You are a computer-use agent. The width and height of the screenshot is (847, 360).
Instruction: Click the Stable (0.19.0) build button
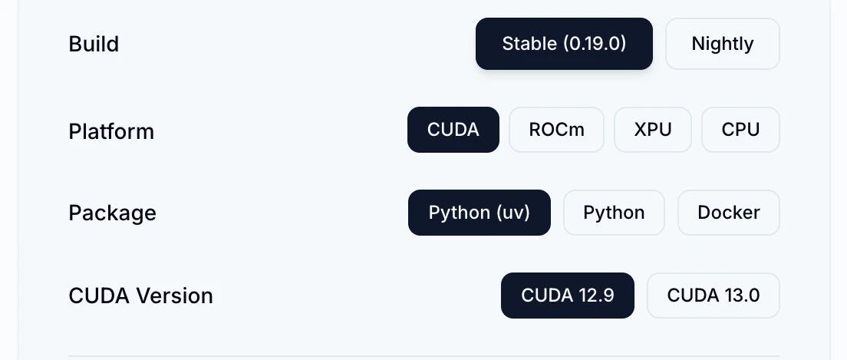(564, 44)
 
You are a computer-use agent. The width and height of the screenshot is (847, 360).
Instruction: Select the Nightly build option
(722, 44)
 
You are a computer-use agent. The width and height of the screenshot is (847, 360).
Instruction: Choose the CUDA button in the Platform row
(453, 130)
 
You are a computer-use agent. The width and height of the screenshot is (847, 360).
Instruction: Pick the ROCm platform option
(556, 130)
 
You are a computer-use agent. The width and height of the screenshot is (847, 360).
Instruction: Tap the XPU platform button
(653, 130)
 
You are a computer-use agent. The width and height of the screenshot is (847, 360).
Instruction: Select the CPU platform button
(740, 130)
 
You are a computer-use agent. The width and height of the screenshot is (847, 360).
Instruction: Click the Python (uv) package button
(479, 213)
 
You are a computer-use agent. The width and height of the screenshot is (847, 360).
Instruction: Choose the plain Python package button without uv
(614, 213)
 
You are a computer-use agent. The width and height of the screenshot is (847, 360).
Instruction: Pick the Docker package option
(728, 213)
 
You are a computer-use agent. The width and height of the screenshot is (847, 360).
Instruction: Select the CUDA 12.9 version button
(567, 296)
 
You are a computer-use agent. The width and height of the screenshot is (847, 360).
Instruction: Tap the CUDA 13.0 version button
(713, 296)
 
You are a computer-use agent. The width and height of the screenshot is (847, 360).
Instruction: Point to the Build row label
(94, 45)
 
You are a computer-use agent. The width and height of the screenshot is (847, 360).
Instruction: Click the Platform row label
(111, 132)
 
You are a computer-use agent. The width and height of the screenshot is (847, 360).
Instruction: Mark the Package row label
(112, 213)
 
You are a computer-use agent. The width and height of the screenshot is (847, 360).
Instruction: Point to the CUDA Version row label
(140, 296)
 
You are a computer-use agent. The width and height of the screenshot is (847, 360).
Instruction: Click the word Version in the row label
(174, 296)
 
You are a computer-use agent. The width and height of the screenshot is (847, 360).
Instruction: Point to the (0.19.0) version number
(595, 44)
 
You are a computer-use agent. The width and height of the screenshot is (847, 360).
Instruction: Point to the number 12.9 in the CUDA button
(595, 296)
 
